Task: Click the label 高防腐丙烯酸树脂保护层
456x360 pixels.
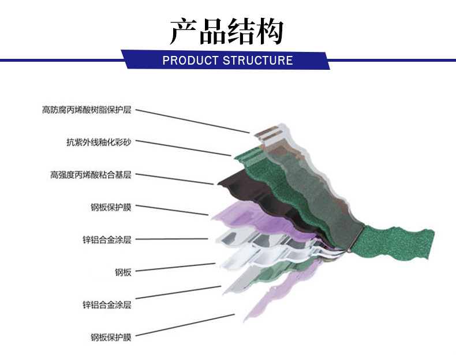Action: click(87, 109)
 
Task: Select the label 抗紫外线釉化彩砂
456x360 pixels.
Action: click(99, 141)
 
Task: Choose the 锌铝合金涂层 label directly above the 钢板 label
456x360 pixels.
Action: click(107, 239)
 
